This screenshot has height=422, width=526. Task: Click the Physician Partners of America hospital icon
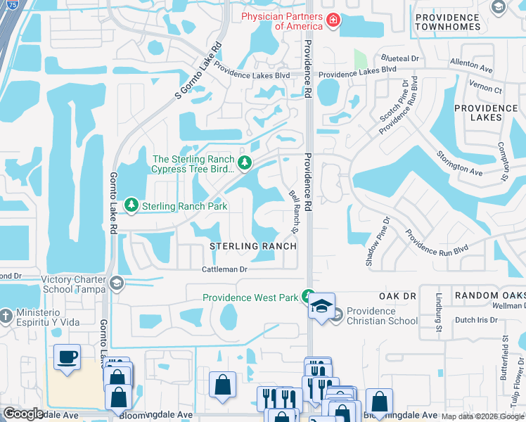click(x=333, y=22)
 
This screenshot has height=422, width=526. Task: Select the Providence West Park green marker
click(x=307, y=297)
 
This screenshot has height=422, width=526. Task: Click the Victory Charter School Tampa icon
click(x=117, y=283)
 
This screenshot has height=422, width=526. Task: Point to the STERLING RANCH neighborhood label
click(x=253, y=246)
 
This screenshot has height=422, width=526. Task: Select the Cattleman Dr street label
click(x=225, y=269)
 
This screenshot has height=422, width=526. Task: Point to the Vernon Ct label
click(x=486, y=89)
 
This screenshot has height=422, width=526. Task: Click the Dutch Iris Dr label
click(x=476, y=319)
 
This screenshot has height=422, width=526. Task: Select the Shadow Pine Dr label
click(x=376, y=241)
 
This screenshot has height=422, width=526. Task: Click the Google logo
click(x=23, y=414)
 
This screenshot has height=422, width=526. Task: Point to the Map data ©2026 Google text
click(x=482, y=416)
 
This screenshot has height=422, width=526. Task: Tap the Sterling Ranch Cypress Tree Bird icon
click(x=244, y=163)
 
